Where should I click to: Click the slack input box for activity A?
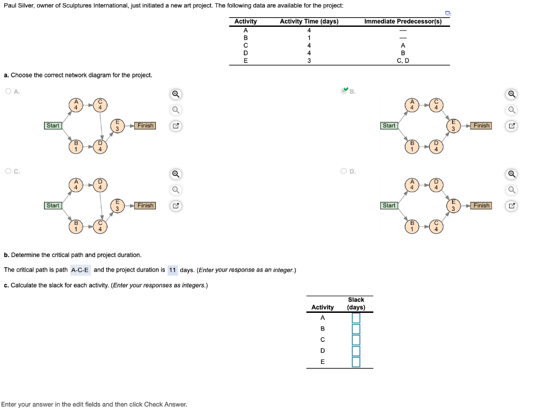point(356,318)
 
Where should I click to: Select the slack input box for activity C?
point(356,340)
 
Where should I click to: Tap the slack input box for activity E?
point(356,362)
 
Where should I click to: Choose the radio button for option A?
point(9,91)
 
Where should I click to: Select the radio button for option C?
point(9,171)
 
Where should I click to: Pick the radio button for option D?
point(344,171)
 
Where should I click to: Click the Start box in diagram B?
point(389,126)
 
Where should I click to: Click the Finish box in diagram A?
point(145,126)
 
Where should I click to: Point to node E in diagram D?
point(453,206)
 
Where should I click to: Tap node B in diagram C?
point(76,226)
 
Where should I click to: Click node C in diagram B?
point(436,105)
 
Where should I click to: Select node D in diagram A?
point(100,147)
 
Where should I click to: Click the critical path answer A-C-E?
point(81,270)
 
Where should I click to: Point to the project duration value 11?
point(172,270)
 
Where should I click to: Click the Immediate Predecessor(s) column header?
point(403,21)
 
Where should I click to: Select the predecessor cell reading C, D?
point(403,61)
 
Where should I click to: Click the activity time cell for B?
point(309,38)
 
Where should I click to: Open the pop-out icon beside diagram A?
point(176,126)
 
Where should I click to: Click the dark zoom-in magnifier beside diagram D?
point(512,174)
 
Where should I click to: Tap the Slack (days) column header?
point(356,303)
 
